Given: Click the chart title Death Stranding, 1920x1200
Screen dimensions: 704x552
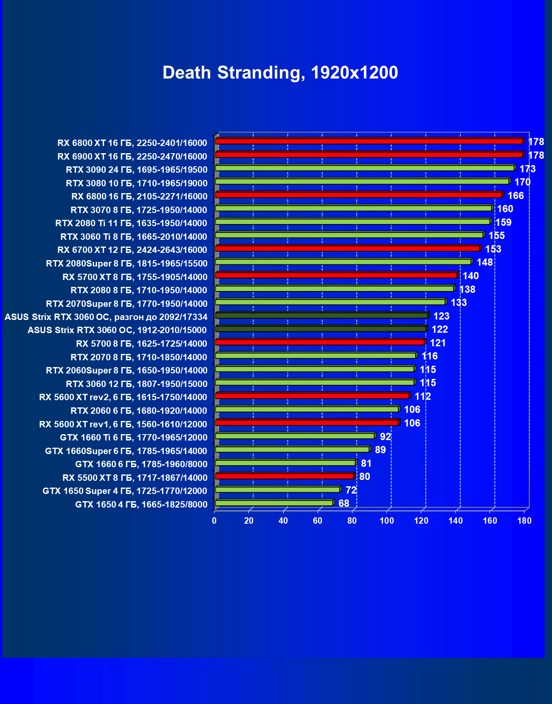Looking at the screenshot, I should click(280, 73).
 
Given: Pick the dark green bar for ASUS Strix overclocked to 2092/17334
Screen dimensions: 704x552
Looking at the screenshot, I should click(321, 315).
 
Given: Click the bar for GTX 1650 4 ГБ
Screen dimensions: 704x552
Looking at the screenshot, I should click(274, 503).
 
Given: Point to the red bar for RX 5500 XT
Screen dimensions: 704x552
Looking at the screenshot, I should click(284, 476).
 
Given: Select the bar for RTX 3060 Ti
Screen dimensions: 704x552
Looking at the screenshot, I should click(349, 235).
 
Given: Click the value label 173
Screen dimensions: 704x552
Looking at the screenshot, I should click(527, 169).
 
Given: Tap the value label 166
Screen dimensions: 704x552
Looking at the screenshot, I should click(515, 196).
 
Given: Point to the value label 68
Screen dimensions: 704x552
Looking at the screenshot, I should click(344, 503).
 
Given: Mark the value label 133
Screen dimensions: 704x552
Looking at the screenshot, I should click(459, 303).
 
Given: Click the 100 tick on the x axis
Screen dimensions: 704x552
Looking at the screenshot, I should click(386, 521).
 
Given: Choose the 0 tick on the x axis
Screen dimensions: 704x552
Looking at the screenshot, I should click(214, 521).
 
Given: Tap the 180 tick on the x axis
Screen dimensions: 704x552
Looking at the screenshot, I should click(524, 521).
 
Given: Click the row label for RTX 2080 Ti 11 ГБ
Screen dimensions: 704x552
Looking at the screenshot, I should click(131, 223).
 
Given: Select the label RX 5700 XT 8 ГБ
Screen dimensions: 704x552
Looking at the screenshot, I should click(135, 277).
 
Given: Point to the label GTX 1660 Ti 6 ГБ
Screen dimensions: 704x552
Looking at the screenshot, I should click(133, 438).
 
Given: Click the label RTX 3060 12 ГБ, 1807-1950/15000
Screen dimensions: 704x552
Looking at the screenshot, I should click(136, 384).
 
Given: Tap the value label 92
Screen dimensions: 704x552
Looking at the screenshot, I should click(385, 437).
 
